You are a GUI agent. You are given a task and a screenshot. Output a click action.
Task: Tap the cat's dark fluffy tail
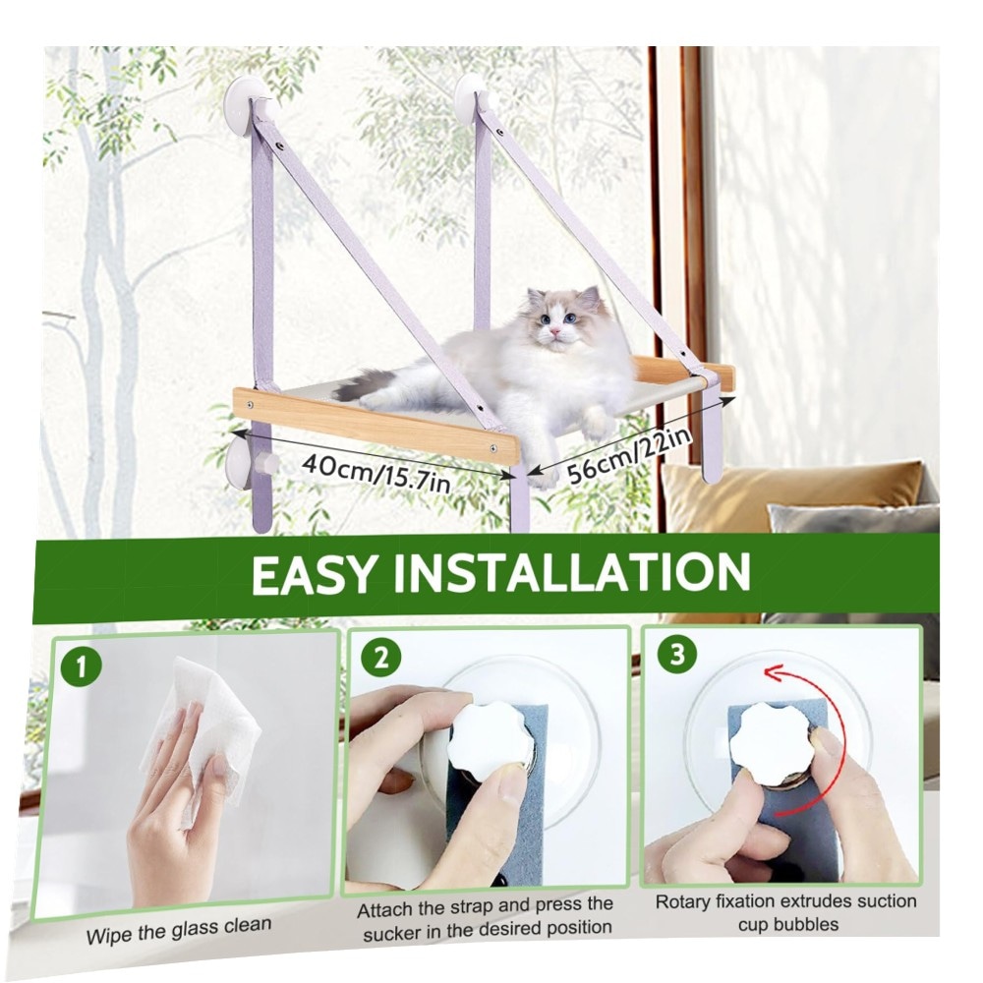pyautogui.click(x=367, y=385)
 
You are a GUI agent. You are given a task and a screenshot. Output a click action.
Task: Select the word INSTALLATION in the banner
pyautogui.click(x=572, y=572)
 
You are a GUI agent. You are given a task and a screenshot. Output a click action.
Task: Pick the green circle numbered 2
pyautogui.click(x=381, y=658)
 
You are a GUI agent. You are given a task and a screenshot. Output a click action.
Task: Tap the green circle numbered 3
pyautogui.click(x=677, y=654)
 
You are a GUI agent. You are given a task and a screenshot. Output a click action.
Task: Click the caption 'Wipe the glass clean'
pyautogui.click(x=179, y=930)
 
